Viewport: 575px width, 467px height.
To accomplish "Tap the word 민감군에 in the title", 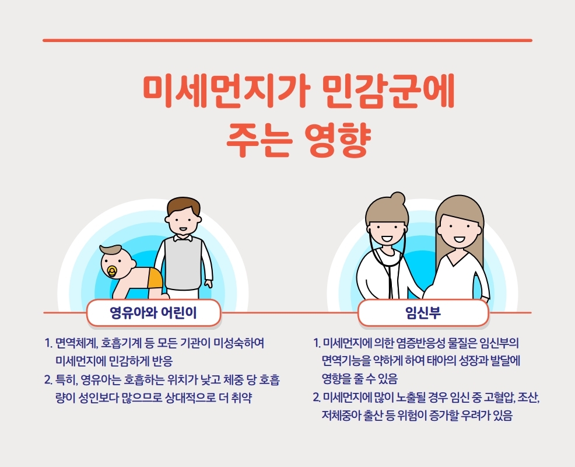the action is pyautogui.click(x=390, y=92).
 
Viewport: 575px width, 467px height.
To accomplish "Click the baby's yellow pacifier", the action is pyautogui.click(x=112, y=271).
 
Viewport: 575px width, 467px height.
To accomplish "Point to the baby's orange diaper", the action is pyautogui.click(x=154, y=278).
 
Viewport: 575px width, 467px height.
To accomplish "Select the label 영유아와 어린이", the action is pyautogui.click(x=153, y=313).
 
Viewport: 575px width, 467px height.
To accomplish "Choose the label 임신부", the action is pyautogui.click(x=423, y=313).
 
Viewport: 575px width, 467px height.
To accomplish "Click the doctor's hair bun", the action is pyautogui.click(x=397, y=198).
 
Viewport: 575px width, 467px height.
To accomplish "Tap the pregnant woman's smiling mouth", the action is pyautogui.click(x=459, y=240).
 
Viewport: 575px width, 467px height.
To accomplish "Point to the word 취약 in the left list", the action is pyautogui.click(x=241, y=398).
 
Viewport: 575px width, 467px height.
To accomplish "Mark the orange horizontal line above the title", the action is pyautogui.click(x=287, y=40).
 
